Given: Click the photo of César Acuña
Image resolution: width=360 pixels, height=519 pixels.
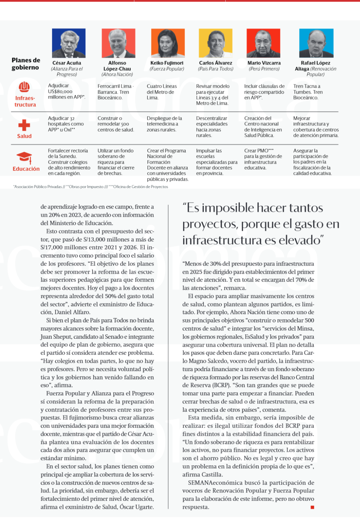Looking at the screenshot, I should click(69, 43).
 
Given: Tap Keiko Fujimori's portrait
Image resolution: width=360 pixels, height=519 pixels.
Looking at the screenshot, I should click(168, 43).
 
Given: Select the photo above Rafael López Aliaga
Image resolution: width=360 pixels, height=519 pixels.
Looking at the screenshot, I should click(316, 43).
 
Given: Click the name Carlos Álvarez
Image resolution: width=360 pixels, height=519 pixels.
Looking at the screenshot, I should click(215, 63).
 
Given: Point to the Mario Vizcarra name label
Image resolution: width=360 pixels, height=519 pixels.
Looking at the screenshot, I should click(264, 63).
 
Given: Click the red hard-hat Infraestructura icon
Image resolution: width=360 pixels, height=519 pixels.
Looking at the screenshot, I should click(24, 87).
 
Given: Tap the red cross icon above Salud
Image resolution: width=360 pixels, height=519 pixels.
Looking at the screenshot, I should click(24, 125).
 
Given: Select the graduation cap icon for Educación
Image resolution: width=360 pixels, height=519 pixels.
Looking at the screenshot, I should click(24, 158).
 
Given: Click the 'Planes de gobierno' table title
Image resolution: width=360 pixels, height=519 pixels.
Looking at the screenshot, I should click(26, 64).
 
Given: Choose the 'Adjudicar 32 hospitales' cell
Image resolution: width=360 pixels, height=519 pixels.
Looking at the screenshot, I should click(66, 124).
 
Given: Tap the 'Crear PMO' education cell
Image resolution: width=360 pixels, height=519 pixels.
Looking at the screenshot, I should click(263, 159).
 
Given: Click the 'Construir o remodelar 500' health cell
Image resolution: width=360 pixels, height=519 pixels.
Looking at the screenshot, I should click(116, 124).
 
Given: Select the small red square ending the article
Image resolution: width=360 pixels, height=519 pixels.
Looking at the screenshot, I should click(312, 507).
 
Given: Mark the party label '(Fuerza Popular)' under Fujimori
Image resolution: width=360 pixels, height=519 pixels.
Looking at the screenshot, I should click(167, 69).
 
